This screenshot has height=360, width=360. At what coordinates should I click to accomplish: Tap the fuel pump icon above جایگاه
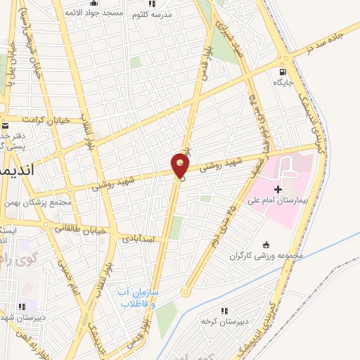pyautogui.click(x=283, y=71)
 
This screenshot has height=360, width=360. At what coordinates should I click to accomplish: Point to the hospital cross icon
pyautogui.click(x=278, y=188)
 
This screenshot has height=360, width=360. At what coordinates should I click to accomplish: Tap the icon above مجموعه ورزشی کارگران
pyautogui.click(x=265, y=245)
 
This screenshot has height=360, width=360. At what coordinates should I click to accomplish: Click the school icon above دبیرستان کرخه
pyautogui.click(x=224, y=310)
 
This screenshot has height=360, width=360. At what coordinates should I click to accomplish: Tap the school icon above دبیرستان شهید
pyautogui.click(x=22, y=307)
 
